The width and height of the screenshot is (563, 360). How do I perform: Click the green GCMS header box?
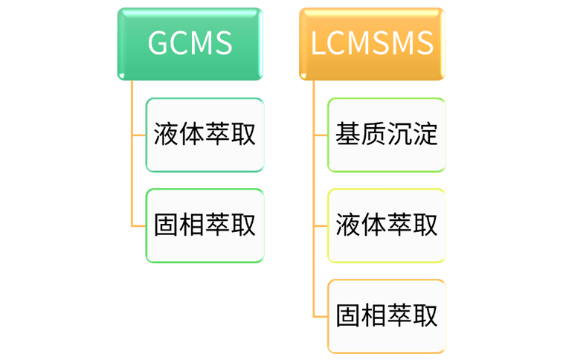click(x=190, y=43)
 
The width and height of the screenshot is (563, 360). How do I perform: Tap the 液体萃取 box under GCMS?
click(x=205, y=135)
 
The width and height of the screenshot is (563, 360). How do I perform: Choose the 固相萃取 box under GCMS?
click(x=205, y=225)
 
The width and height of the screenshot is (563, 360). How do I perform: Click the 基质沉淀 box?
click(x=386, y=135)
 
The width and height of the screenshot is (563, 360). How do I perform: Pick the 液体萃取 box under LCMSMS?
click(x=386, y=225)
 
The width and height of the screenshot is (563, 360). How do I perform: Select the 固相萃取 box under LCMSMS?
click(x=386, y=316)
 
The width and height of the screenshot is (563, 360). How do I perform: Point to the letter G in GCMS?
click(x=159, y=43)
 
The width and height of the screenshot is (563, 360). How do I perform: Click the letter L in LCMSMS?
click(x=318, y=43)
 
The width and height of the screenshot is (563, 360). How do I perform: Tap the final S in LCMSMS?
click(x=425, y=43)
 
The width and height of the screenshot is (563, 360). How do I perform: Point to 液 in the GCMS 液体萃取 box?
click(x=166, y=135)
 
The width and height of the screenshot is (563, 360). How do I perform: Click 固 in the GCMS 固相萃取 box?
click(x=166, y=225)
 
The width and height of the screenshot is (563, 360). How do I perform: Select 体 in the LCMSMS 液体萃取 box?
click(x=373, y=225)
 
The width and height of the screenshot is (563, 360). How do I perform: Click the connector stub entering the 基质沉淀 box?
click(x=321, y=135)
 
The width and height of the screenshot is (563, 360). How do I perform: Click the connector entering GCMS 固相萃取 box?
click(x=138, y=225)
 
